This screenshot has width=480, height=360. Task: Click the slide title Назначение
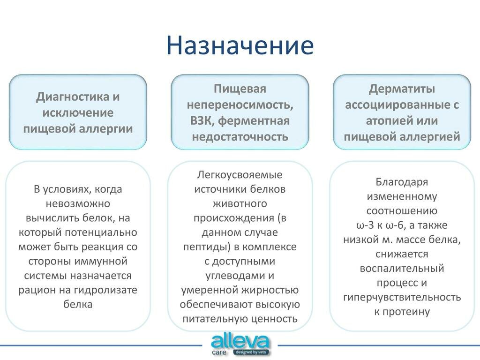click(x=240, y=46)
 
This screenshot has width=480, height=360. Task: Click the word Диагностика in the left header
click(x=73, y=97)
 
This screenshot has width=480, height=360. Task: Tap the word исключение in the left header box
click(x=78, y=112)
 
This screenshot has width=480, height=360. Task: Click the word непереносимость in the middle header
click(x=240, y=105)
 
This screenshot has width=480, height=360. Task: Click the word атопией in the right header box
click(x=387, y=120)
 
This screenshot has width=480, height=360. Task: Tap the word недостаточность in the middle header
click(x=240, y=136)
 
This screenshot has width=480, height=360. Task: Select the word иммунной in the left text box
click(x=104, y=261)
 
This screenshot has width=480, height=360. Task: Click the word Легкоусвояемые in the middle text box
click(x=240, y=175)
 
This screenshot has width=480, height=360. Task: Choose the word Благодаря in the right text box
click(x=402, y=182)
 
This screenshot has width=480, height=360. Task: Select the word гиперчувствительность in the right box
click(x=402, y=297)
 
